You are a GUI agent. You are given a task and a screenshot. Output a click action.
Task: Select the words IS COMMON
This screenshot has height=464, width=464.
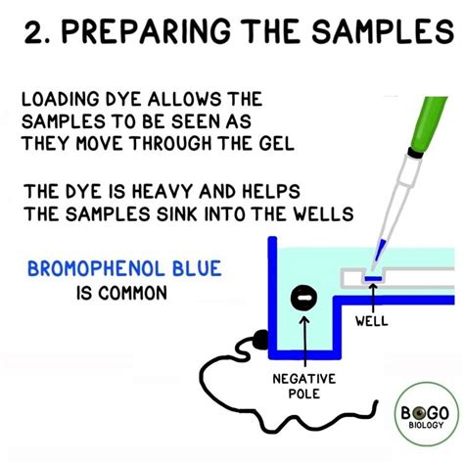121,293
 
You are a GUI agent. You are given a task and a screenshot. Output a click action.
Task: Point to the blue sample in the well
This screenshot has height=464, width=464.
373,281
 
